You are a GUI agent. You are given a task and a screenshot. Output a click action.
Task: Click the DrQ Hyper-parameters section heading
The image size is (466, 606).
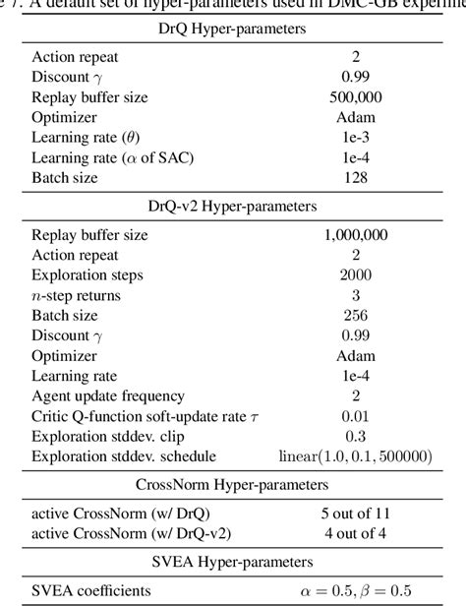tap(232, 30)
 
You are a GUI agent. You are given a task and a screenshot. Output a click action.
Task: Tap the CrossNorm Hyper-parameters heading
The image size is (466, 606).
tap(232, 485)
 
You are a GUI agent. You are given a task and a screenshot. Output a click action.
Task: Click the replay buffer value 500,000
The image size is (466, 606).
tap(363, 96)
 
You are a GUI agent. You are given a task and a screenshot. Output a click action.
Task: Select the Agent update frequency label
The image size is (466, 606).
tap(108, 395)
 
